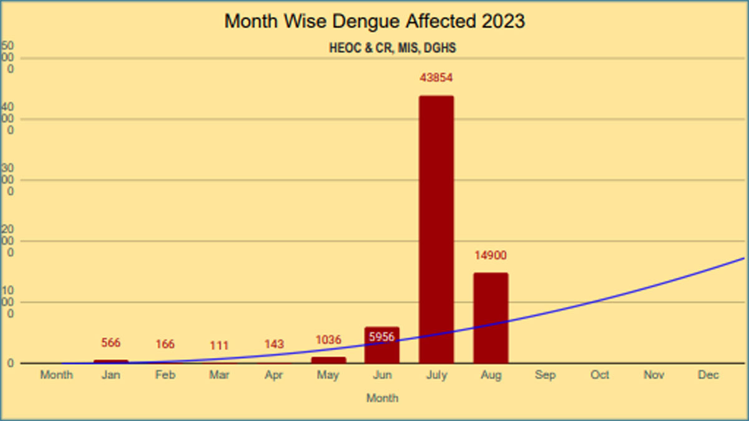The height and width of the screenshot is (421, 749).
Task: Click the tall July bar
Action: [x=436, y=229]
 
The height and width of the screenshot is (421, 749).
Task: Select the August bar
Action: [x=491, y=317]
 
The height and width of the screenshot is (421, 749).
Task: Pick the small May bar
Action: [x=328, y=360]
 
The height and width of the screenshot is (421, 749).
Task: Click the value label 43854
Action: [x=436, y=78]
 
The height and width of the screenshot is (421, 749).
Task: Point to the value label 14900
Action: [x=490, y=255]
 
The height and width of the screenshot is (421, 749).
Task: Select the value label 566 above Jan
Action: [x=110, y=343]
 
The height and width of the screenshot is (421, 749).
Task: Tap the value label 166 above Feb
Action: [x=165, y=344]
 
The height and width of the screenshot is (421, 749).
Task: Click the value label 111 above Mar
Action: [x=219, y=346]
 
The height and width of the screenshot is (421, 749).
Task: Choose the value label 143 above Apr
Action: [x=273, y=344]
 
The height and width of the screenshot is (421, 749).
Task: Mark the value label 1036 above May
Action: [x=328, y=340]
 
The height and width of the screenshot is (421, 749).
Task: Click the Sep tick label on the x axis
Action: [x=546, y=375]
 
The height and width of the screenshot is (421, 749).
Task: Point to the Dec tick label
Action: [x=708, y=375]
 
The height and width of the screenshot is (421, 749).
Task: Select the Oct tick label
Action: [x=600, y=375]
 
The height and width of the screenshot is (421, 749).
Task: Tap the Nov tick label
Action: [x=654, y=375]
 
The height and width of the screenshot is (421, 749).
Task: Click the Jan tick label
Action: [x=110, y=375]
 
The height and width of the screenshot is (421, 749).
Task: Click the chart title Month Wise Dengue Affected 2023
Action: [x=374, y=21]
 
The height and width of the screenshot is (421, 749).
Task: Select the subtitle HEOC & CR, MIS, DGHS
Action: [x=392, y=49]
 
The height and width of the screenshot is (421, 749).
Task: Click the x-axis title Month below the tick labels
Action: [x=382, y=398]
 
